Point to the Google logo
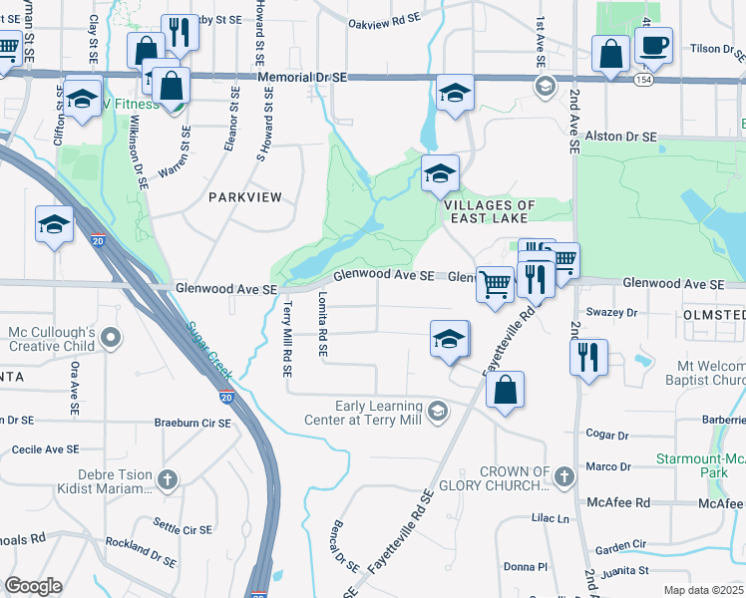click(x=33, y=586)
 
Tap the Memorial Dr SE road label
click(x=301, y=77)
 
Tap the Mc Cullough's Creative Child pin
click(x=111, y=339)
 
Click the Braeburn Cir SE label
click(x=192, y=423)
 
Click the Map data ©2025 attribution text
click(x=702, y=590)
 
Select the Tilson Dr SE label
click(x=709, y=47)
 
